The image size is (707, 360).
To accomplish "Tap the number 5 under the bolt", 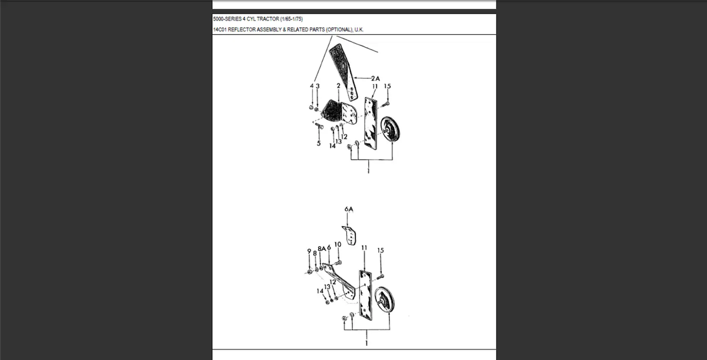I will tap(319, 144).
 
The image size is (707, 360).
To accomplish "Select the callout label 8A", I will tap(321, 249).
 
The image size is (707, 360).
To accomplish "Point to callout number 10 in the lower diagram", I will tap(338, 244).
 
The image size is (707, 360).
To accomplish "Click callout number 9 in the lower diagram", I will tap(309, 251).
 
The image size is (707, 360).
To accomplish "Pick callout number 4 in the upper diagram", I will tap(311, 86).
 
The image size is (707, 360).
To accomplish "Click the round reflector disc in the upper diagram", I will tap(389, 129).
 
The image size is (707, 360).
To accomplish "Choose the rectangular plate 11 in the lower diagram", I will tap(365, 295).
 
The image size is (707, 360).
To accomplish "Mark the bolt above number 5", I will tap(319, 125).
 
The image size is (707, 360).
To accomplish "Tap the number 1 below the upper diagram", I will tap(369, 171).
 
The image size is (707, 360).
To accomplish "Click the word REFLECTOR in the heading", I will tap(243, 29).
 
